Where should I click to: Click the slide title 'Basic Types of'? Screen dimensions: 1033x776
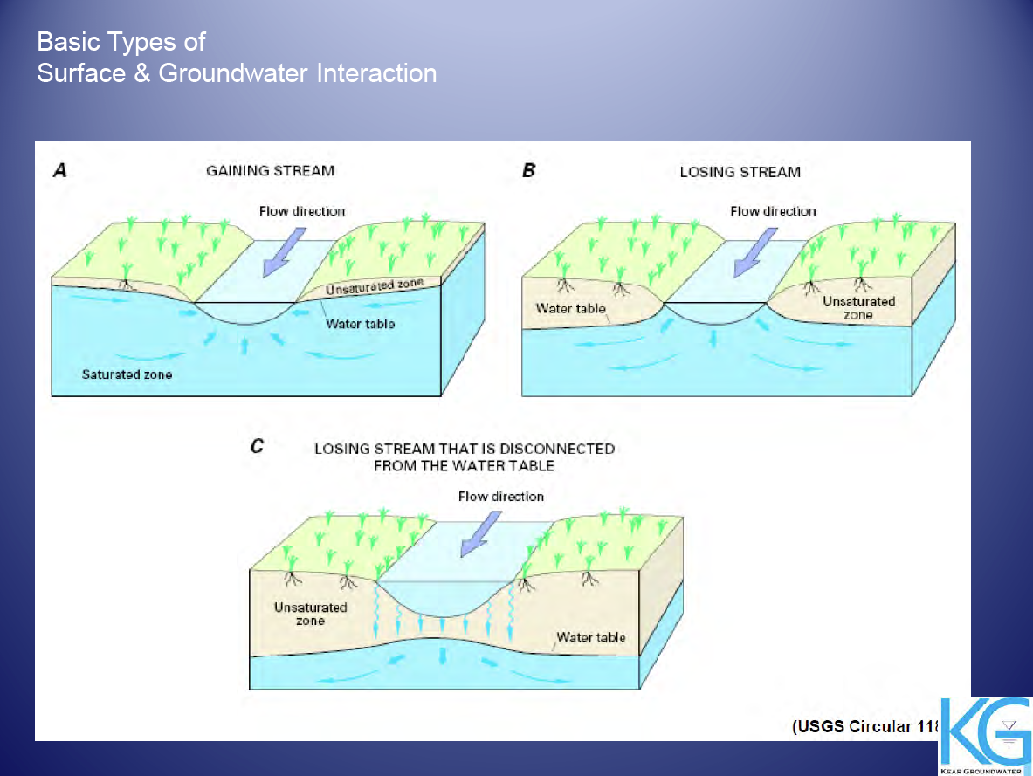pos(121,42)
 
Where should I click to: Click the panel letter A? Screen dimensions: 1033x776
pos(60,170)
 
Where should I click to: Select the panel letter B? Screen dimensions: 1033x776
pos(528,170)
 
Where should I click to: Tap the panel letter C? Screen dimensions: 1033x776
pos(257,447)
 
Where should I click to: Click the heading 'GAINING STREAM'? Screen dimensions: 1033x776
pos(270,170)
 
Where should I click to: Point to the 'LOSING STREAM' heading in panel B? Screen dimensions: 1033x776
pos(740,172)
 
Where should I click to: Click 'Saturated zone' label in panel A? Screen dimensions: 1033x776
pos(127,374)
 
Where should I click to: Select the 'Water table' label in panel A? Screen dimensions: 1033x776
pos(361,324)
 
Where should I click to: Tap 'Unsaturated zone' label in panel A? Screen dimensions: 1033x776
pos(375,286)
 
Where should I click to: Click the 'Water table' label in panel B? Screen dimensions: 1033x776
pos(570,308)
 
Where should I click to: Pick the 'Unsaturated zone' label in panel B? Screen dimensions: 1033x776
pos(858,307)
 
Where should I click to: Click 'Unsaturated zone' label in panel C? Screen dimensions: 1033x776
pos(310,614)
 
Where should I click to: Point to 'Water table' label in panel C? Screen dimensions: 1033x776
pos(591,637)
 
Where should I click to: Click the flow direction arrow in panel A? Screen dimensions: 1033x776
pos(285,252)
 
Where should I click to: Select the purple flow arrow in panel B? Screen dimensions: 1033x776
pos(755,252)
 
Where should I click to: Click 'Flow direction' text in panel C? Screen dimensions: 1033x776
pos(500,497)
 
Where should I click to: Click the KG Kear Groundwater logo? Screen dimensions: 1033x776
pos(985,736)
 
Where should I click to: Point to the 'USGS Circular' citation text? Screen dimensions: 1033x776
pos(865,726)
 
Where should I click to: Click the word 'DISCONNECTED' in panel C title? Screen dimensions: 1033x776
pos(557,449)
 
